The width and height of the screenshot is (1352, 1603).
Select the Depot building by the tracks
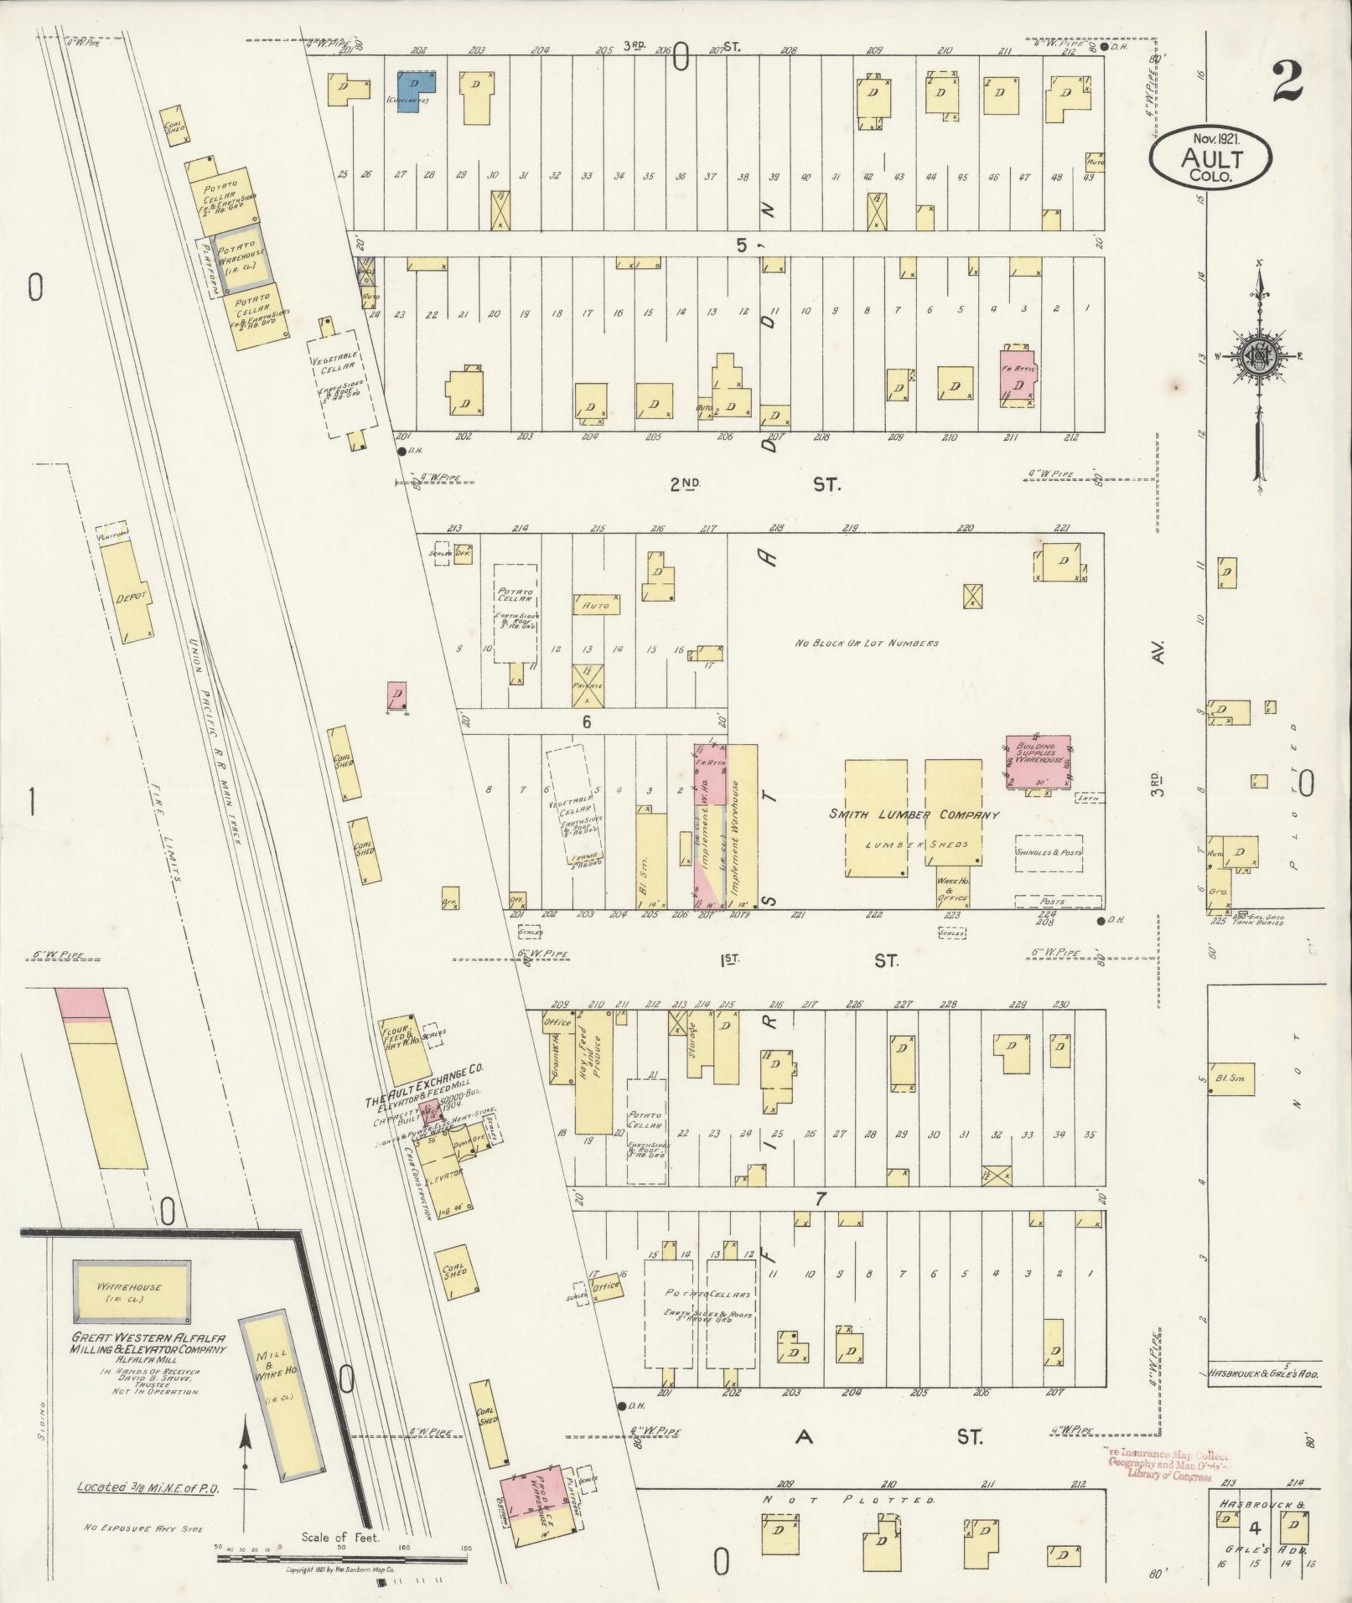coord(131,593)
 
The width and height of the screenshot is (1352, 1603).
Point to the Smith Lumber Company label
coord(914,814)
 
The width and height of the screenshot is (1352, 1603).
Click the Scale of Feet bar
coord(342,1559)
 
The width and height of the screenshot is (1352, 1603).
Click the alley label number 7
coord(821,1199)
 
